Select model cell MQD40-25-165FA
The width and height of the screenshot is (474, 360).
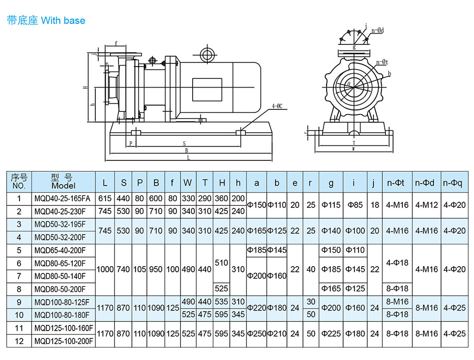(x=61, y=199)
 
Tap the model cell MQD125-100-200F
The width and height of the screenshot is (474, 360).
(x=63, y=341)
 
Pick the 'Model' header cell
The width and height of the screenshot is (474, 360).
(x=63, y=182)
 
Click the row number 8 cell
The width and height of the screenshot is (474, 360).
(x=20, y=289)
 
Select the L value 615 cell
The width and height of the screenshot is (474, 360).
(x=105, y=199)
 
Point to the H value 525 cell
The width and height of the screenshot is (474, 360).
(x=222, y=289)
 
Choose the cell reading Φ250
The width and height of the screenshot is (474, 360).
(x=256, y=334)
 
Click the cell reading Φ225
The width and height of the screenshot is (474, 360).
(x=331, y=334)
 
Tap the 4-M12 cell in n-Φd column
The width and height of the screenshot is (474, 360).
(x=426, y=205)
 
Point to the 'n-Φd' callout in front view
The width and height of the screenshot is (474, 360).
(x=378, y=30)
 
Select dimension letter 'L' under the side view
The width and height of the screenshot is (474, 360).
(x=189, y=157)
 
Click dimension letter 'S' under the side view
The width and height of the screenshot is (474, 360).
(x=184, y=143)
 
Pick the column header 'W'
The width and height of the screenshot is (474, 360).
(x=188, y=183)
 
